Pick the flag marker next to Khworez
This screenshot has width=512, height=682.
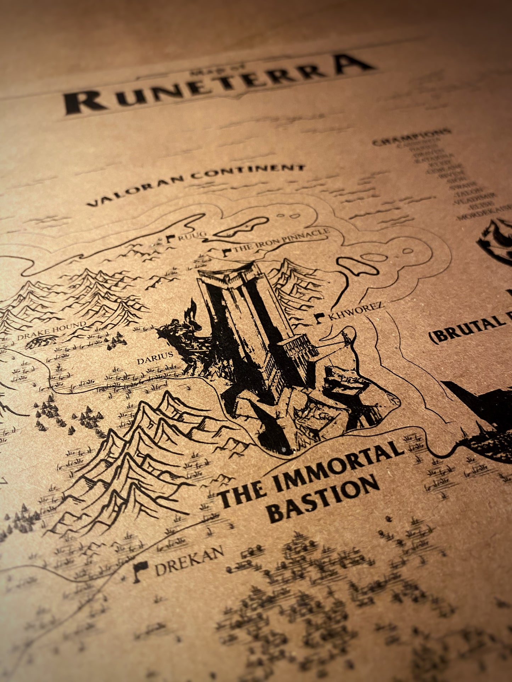click(x=320, y=317)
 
